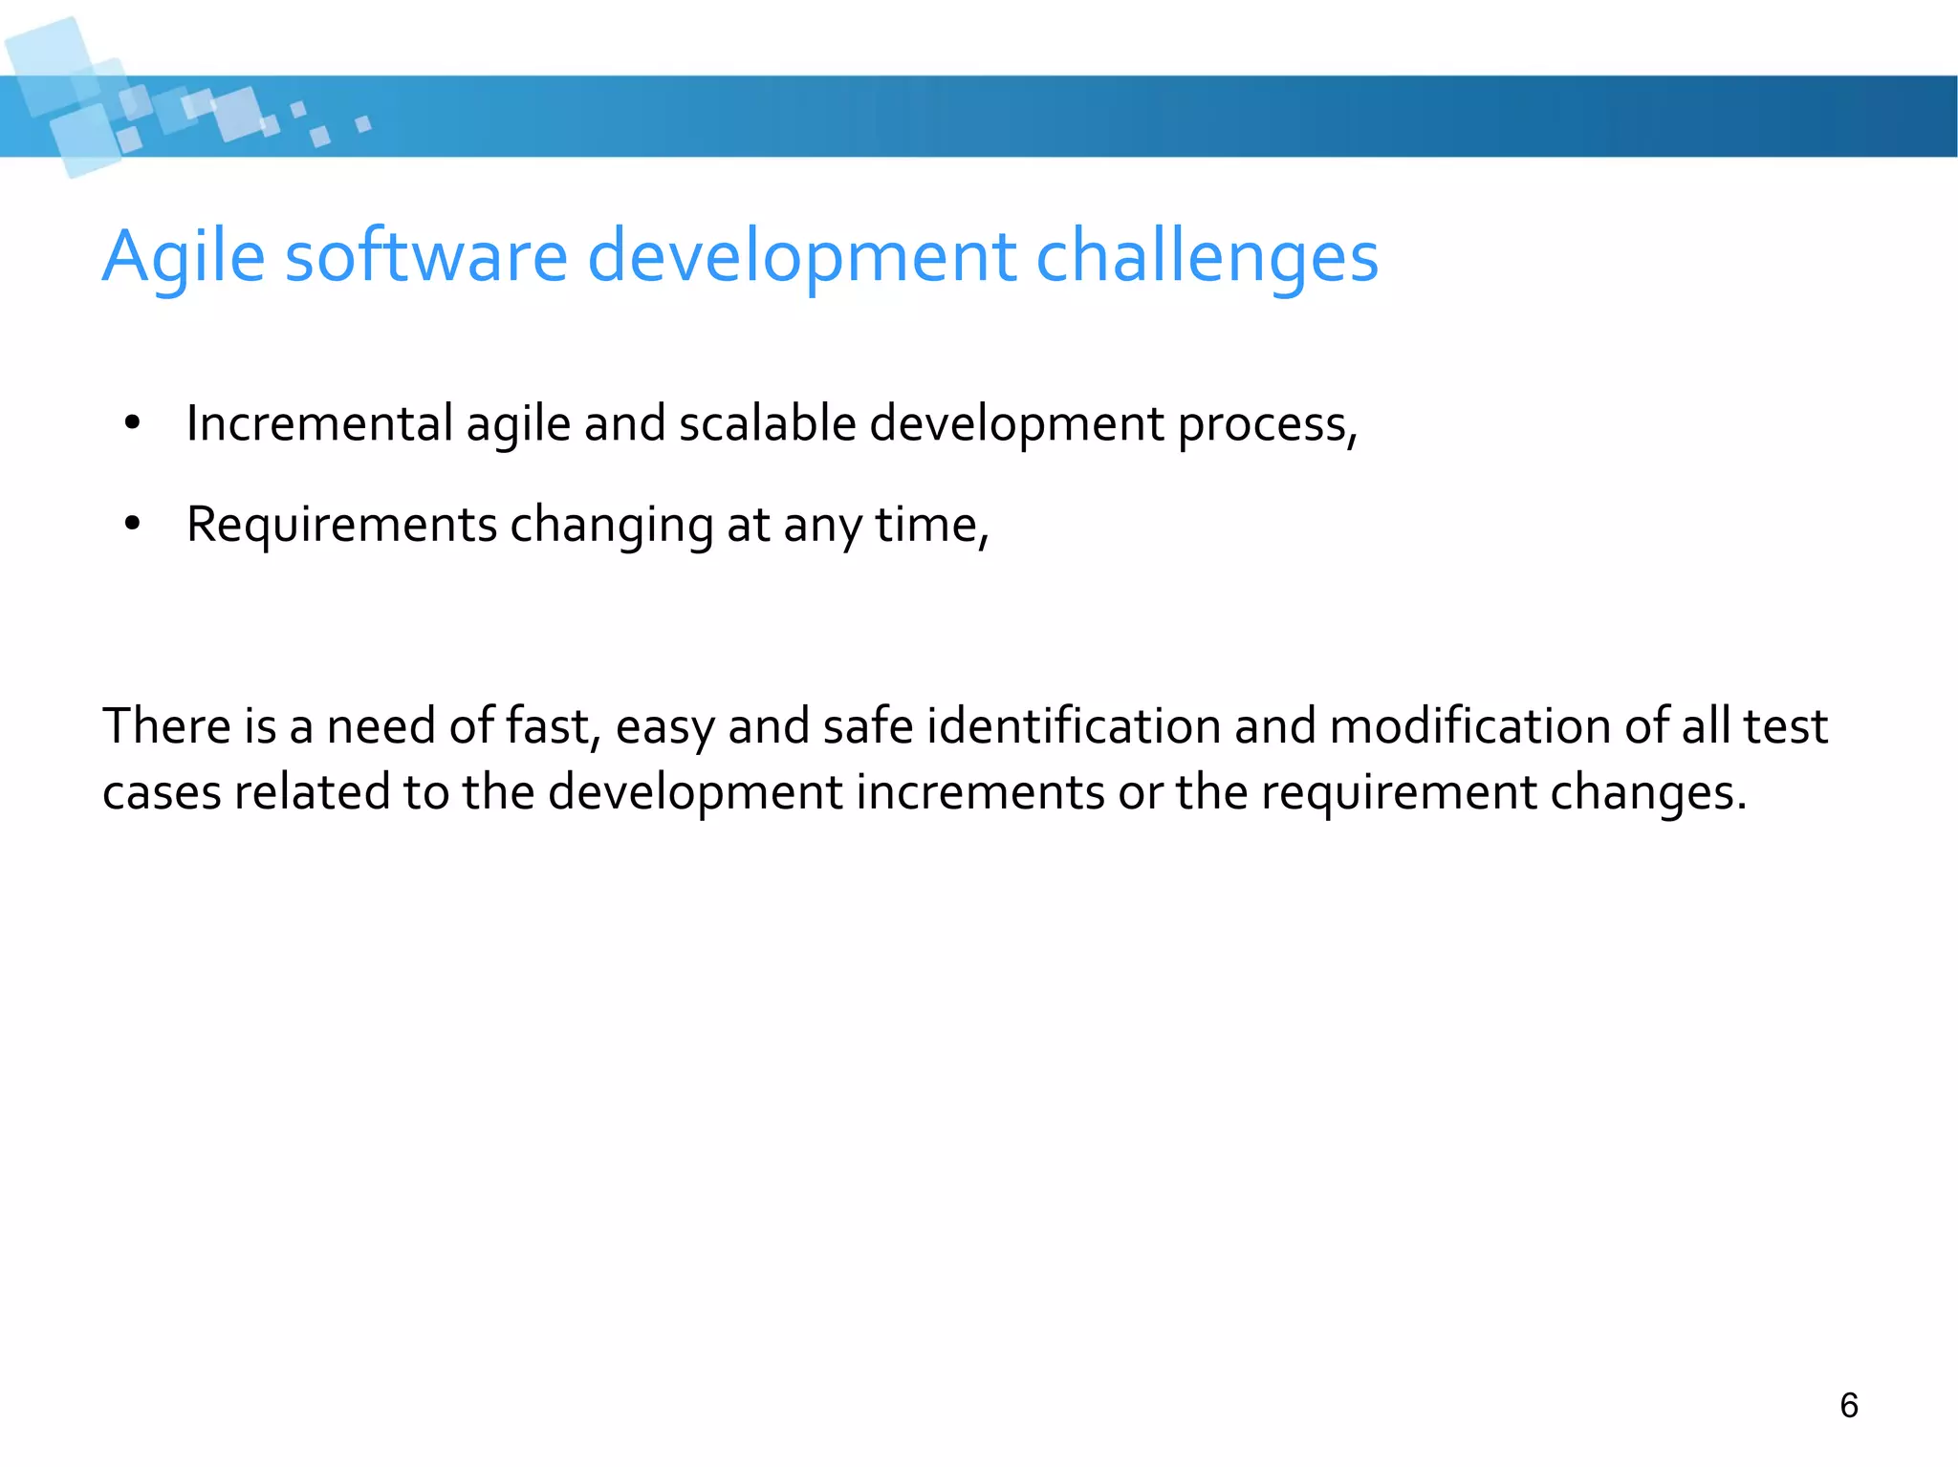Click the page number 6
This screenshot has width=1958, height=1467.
1849,1405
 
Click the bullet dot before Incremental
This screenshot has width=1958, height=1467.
132,423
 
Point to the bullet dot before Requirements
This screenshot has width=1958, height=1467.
132,524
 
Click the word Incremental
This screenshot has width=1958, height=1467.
319,423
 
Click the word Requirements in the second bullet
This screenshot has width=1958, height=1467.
341,525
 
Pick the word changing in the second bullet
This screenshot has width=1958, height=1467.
612,526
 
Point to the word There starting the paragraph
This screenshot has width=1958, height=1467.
166,725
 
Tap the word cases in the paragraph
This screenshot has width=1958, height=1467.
162,793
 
